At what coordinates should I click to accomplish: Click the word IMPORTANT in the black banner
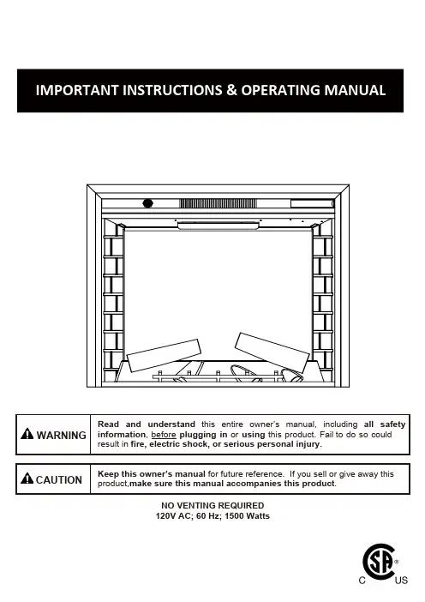77,90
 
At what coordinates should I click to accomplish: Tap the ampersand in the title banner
231,90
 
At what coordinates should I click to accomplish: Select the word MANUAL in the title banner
355,90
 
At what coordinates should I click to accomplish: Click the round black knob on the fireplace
147,203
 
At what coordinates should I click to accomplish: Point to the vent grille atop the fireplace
218,203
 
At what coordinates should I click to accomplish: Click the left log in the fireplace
164,355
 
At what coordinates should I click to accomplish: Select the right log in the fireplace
272,352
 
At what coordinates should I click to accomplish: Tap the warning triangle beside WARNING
27,434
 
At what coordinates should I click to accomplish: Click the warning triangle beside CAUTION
27,479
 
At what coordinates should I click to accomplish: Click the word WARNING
62,436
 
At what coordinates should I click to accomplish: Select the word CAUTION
59,480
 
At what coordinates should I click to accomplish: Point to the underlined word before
164,435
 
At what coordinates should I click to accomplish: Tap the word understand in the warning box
171,424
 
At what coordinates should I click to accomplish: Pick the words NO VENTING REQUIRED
212,506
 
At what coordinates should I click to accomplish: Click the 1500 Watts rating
247,516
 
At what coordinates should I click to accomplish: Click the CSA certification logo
379,562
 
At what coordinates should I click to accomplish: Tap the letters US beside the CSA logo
401,580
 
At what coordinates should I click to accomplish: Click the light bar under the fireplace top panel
218,226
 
